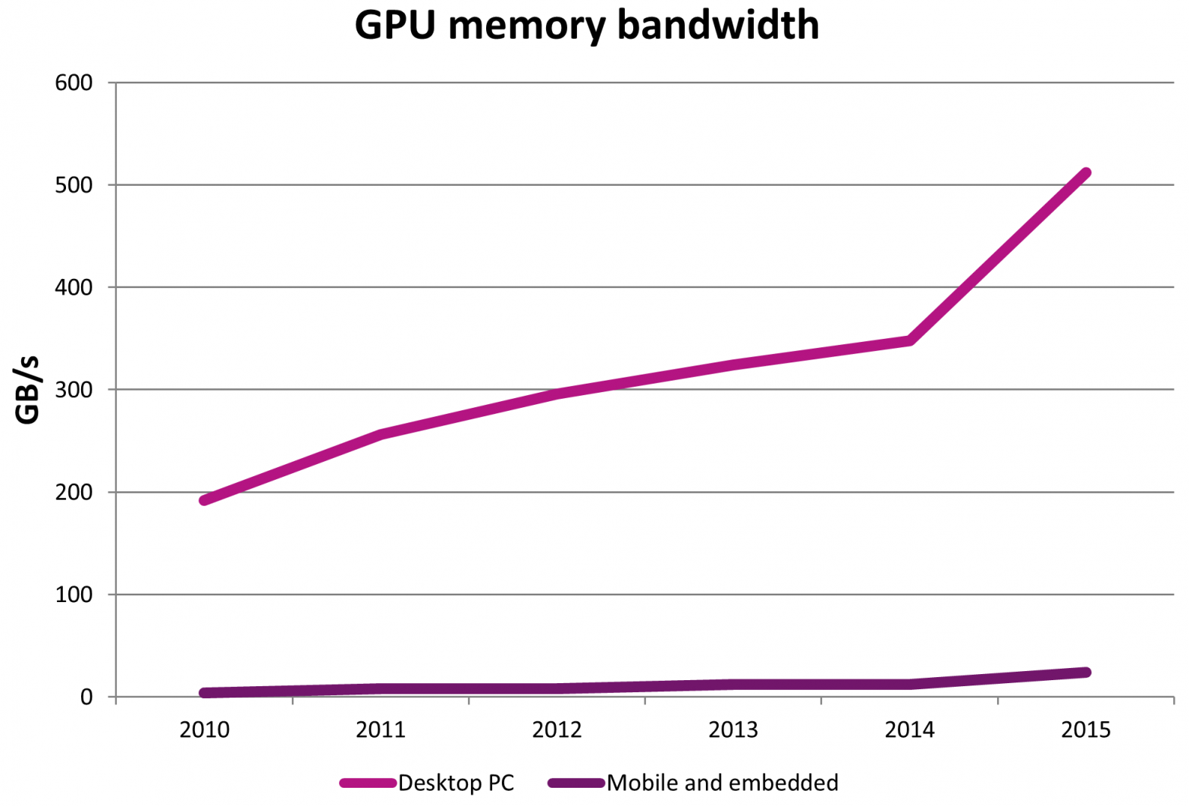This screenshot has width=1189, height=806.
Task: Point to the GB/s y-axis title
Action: pos(27,390)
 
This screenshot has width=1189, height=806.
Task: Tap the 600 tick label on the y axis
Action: pos(74,83)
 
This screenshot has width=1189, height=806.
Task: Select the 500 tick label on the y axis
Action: pos(74,185)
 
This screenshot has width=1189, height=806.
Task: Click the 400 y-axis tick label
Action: pos(74,287)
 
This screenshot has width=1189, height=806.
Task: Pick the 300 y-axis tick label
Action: pos(74,390)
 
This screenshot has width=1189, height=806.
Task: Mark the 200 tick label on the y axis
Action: pos(74,492)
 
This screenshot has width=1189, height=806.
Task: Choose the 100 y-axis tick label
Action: pos(74,594)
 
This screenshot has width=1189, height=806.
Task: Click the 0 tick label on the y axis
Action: pos(86,697)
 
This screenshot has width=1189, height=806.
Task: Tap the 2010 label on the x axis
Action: pos(204,729)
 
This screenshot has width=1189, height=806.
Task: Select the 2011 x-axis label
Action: pos(381,729)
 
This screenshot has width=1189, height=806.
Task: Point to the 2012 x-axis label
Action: pos(557,729)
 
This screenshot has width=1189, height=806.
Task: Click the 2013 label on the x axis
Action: pos(733,729)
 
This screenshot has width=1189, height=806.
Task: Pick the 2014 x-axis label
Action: pos(909,729)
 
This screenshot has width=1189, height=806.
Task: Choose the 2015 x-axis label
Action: pos(1086,729)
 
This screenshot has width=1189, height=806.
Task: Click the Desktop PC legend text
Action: pos(456,782)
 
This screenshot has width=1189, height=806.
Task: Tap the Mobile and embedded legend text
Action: pos(723,782)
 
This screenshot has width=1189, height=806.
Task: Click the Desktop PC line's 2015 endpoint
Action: pos(1086,174)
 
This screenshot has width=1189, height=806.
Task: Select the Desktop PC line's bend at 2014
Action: pos(909,340)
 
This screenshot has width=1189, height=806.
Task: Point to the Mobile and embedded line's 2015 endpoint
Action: pos(1086,673)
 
